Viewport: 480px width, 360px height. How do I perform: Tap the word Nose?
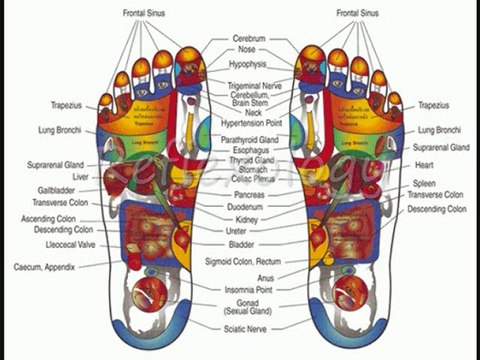[245, 49]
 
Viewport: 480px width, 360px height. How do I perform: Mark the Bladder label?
[242, 243]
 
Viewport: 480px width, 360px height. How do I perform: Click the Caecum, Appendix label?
[45, 267]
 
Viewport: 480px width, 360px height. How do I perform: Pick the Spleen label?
[424, 183]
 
